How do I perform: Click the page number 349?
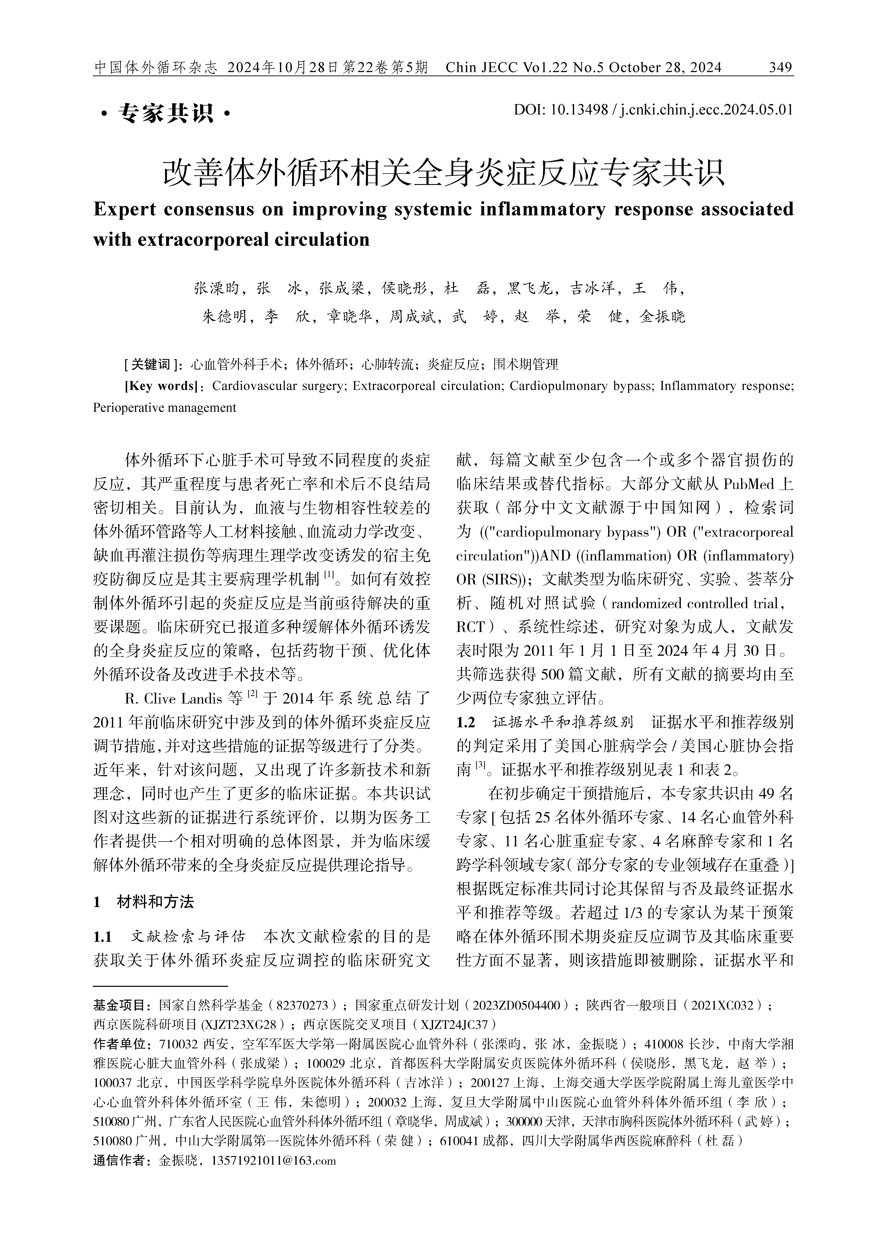pyautogui.click(x=780, y=68)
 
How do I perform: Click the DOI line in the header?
pyautogui.click(x=653, y=110)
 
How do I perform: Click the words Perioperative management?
pyautogui.click(x=165, y=407)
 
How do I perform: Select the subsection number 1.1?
pyautogui.click(x=103, y=937)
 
